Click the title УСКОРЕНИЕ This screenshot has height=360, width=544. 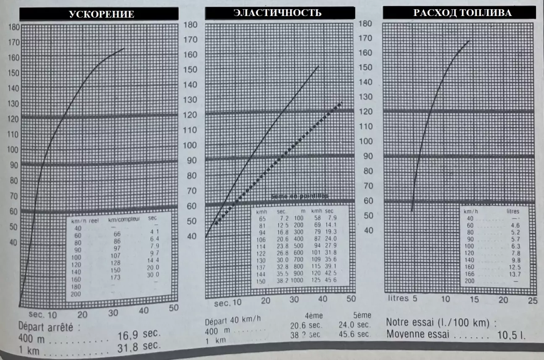coord(102,14)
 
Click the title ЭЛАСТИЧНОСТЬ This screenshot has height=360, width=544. coord(277,13)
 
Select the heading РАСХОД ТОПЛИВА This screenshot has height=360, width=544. coord(462,13)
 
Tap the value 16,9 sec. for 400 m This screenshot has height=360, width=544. coord(140,334)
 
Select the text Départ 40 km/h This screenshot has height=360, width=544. coord(233,320)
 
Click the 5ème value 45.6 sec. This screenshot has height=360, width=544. coord(355,334)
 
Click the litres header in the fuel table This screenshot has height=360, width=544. coord(513,211)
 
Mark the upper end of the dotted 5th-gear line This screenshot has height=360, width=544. coord(342,102)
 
